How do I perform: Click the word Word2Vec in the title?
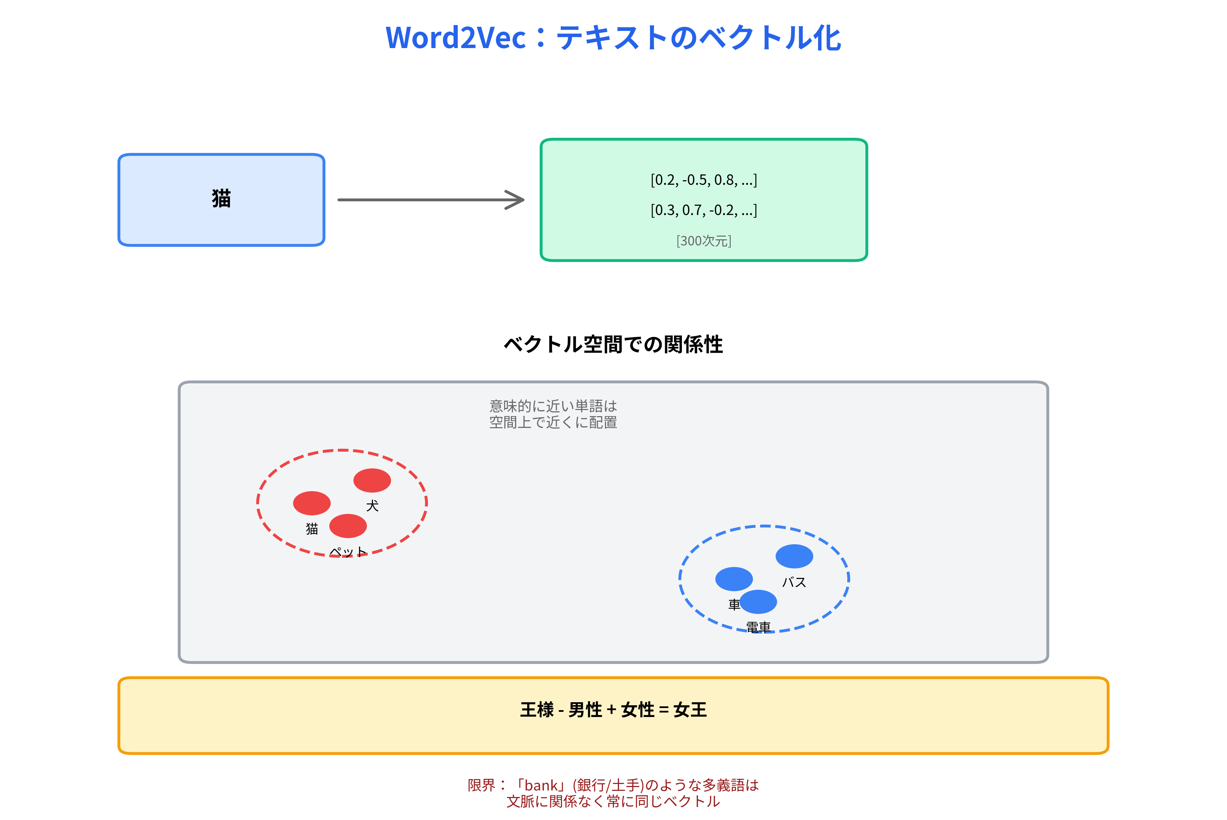(455, 38)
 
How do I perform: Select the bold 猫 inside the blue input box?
(221, 199)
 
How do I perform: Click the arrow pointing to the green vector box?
(430, 200)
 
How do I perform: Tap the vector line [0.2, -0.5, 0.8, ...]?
(704, 180)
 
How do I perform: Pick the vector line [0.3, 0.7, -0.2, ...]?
(704, 210)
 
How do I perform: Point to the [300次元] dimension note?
(704, 241)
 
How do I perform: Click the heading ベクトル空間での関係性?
(613, 345)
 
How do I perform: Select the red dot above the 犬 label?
(372, 480)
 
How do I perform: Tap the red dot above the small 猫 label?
(312, 503)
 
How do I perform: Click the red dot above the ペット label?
(348, 526)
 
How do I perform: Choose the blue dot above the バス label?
(794, 556)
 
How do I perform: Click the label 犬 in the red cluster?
(372, 506)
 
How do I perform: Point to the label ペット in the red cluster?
(348, 552)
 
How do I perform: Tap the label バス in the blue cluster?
(794, 582)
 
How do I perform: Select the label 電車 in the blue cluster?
(758, 627)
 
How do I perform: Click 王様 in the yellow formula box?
(537, 710)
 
